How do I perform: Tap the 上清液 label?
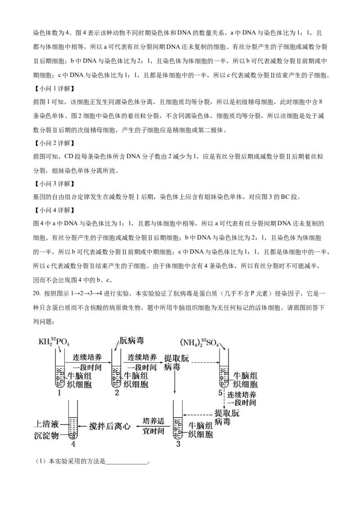coord(47,424)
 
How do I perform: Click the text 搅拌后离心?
coord(109,426)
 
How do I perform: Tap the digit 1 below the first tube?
coord(59,393)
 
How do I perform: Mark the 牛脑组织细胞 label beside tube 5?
coord(245,380)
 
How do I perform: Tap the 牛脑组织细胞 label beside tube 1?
coord(79,380)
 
